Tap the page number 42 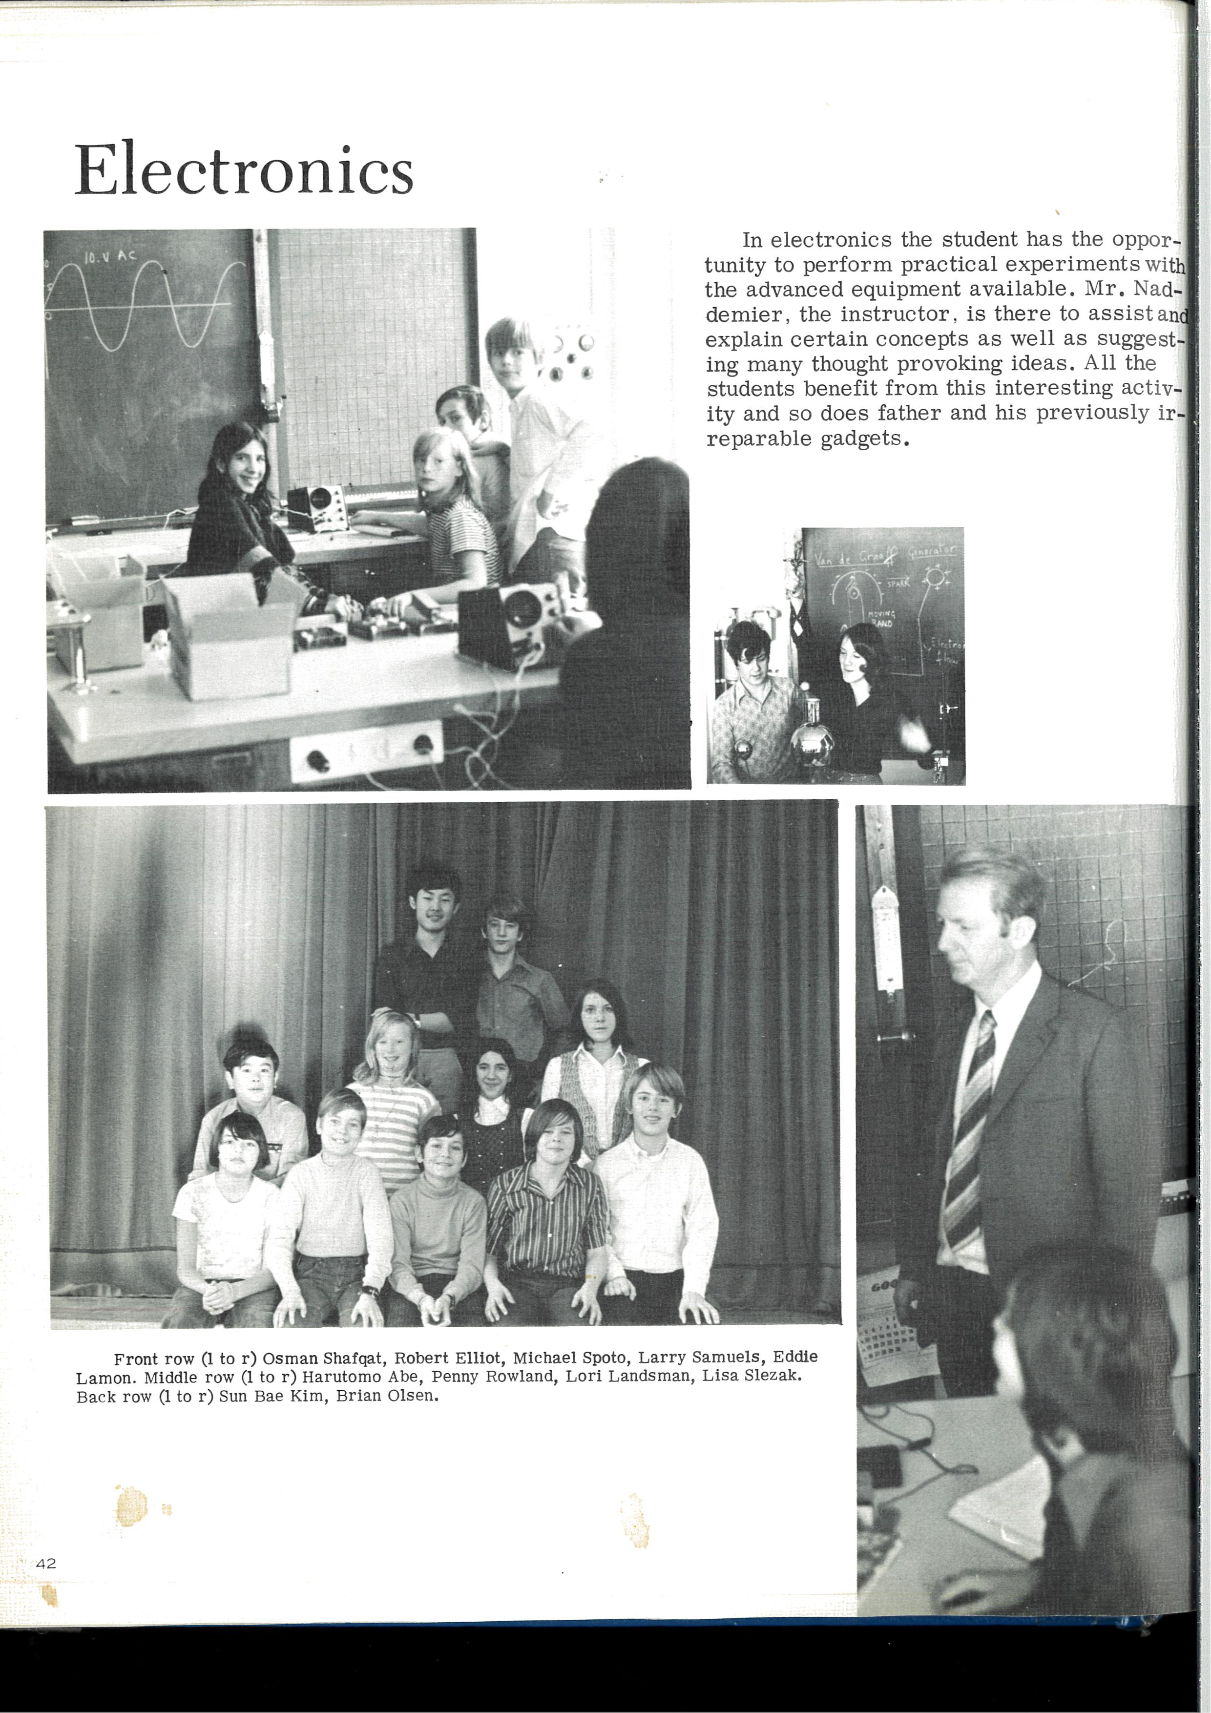coord(46,1563)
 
